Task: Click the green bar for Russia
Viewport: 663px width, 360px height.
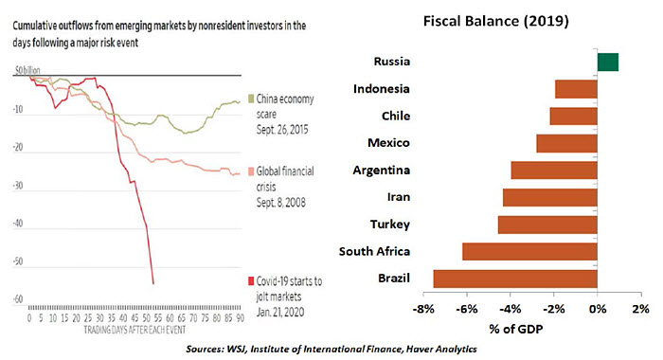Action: pyautogui.click(x=607, y=63)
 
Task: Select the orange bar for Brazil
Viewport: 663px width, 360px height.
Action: pyautogui.click(x=515, y=279)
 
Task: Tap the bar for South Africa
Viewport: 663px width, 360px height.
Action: pyautogui.click(x=529, y=252)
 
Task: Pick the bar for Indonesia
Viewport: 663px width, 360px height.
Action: pyautogui.click(x=576, y=89)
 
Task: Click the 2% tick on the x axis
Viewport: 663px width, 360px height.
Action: pyautogui.click(x=640, y=309)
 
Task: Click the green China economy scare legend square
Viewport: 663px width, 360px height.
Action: pyautogui.click(x=249, y=98)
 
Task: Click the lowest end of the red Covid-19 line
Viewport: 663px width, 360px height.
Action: pyautogui.click(x=153, y=282)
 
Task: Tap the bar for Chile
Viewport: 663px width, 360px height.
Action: pyautogui.click(x=574, y=116)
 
